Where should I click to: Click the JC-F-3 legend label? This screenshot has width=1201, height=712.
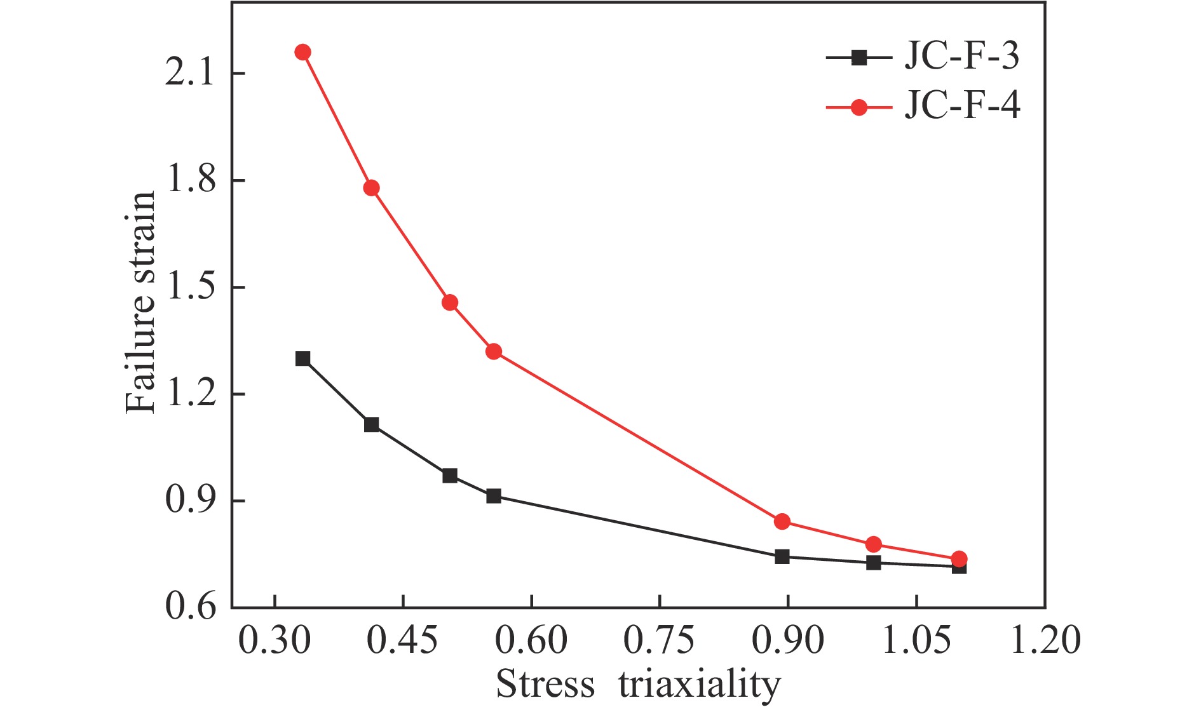coord(961,57)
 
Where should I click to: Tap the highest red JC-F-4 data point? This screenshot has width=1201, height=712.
coord(303,52)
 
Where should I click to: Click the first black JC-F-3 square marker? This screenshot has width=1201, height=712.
coord(303,359)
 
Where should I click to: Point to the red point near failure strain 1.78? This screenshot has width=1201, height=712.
coord(372,188)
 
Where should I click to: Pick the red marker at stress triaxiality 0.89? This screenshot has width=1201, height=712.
coord(782,521)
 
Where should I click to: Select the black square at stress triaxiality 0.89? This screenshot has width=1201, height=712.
coord(782,557)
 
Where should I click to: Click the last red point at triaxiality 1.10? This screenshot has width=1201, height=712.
coord(960,559)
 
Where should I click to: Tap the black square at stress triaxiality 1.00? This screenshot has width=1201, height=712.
coord(874,563)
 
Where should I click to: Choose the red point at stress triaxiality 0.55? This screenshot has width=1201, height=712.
coord(494,351)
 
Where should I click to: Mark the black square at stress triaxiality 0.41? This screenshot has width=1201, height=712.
coord(372,425)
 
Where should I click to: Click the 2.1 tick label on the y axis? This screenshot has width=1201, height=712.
coord(189,74)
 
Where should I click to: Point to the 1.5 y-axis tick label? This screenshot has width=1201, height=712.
coord(189,287)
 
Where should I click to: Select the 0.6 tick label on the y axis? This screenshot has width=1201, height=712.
coord(189,607)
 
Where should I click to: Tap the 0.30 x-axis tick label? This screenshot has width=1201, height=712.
coord(275,640)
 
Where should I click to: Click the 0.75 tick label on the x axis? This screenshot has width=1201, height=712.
coord(659,640)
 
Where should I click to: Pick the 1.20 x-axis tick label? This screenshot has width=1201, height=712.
coord(1045,640)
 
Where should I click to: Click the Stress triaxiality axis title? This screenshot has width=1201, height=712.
coord(638,685)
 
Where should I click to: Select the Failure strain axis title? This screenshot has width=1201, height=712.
coord(140,302)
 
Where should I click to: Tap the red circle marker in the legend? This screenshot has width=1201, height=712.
coord(859,107)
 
